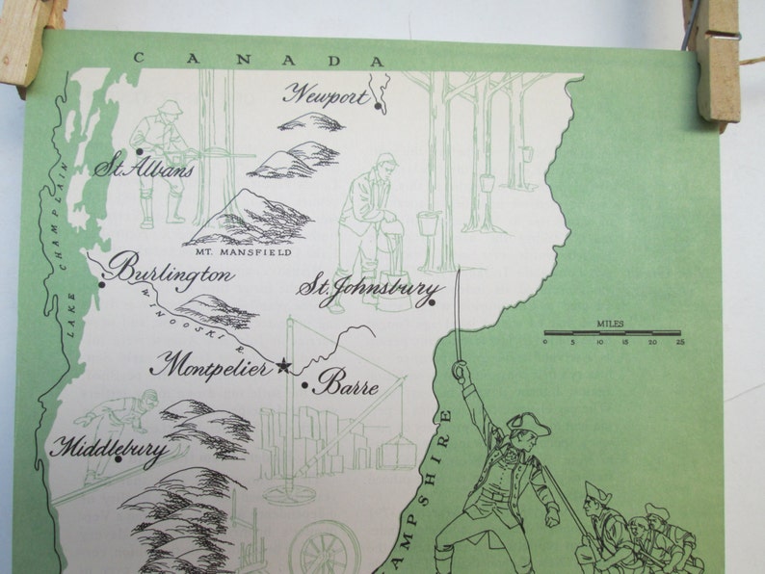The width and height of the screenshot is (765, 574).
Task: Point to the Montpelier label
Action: pyautogui.click(x=212, y=366)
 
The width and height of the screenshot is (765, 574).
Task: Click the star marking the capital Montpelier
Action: pyautogui.click(x=282, y=365)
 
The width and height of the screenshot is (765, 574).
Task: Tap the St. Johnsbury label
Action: pyautogui.click(x=371, y=288)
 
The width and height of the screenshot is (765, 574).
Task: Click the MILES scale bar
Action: pyautogui.click(x=611, y=332)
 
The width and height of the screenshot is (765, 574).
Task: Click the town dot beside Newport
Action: pyautogui.click(x=377, y=107)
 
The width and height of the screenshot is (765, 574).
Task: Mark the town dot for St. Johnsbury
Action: pyautogui.click(x=433, y=303)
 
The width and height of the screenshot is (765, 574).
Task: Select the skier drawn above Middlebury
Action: pyautogui.click(x=116, y=424)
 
